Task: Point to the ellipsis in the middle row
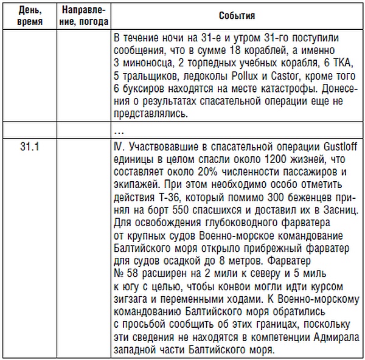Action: tap(119, 131)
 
